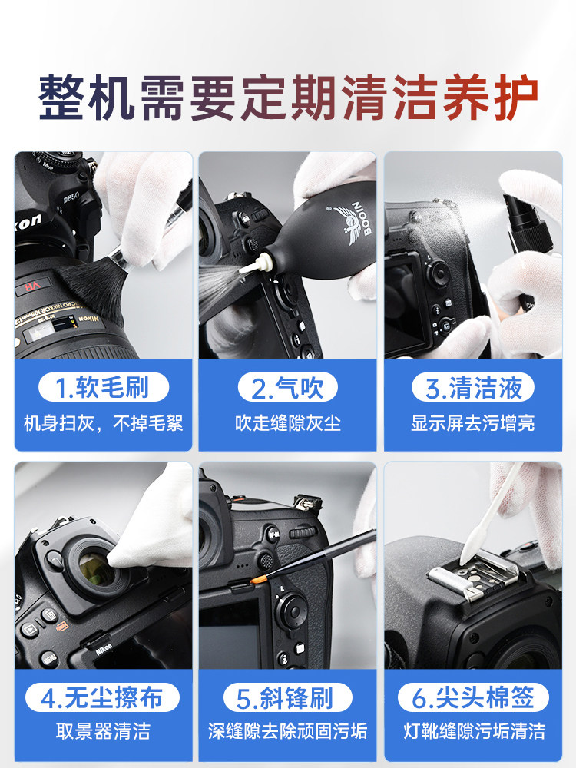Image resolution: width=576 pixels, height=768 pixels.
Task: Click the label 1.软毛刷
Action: point(103,388)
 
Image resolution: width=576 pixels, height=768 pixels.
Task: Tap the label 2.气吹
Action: point(287,388)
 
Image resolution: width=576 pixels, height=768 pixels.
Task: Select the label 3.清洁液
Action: point(473,388)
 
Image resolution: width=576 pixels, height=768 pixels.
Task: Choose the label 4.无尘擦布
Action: point(103,698)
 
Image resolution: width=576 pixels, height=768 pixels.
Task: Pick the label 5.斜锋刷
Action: point(287,698)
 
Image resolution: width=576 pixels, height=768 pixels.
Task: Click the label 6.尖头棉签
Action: point(473,698)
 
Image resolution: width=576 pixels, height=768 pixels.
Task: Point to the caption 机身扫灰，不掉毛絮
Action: point(103,423)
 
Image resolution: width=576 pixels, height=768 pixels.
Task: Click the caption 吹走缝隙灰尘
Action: point(287,423)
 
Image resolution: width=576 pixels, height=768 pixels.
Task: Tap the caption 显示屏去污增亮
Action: point(473,423)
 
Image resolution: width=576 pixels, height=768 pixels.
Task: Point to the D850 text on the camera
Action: point(71,197)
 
